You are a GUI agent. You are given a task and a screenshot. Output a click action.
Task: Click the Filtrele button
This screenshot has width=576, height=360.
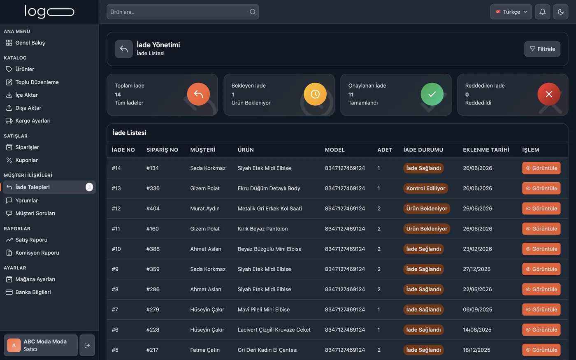pos(542,49)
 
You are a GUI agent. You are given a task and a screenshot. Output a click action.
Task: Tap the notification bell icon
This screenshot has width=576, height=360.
pos(543,12)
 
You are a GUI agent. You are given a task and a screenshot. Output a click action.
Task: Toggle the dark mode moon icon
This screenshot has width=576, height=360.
pos(560,12)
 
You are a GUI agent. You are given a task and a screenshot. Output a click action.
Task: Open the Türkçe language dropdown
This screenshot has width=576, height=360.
pos(511,12)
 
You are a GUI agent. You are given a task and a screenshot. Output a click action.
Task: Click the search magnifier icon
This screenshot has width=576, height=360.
pos(253,12)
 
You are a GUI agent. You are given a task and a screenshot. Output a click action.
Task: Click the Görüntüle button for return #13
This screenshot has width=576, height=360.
pos(541,188)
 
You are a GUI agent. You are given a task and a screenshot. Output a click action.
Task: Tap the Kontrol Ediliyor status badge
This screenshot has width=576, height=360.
pos(425,188)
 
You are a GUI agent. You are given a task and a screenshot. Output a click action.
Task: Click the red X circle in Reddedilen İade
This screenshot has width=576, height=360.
pos(549,94)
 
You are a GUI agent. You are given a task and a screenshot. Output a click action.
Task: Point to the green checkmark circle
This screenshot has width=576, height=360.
pos(432,94)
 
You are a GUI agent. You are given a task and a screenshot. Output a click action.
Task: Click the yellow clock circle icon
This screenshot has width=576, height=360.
pos(315,94)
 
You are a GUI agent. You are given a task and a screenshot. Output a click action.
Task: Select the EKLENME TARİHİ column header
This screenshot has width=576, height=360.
pos(486,150)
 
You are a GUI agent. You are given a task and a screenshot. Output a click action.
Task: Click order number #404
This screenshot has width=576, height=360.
pos(153,209)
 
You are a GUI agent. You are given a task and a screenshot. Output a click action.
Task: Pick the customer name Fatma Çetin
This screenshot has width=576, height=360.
pos(205,350)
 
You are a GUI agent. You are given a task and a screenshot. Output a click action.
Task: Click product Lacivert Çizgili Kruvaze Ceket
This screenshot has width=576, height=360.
pos(274,330)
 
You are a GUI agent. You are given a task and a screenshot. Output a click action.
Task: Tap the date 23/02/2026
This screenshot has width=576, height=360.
pos(478,249)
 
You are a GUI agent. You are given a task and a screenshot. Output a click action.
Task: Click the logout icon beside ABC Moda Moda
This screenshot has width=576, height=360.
pos(87,345)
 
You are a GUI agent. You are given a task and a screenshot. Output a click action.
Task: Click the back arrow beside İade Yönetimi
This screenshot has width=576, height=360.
pos(124,49)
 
